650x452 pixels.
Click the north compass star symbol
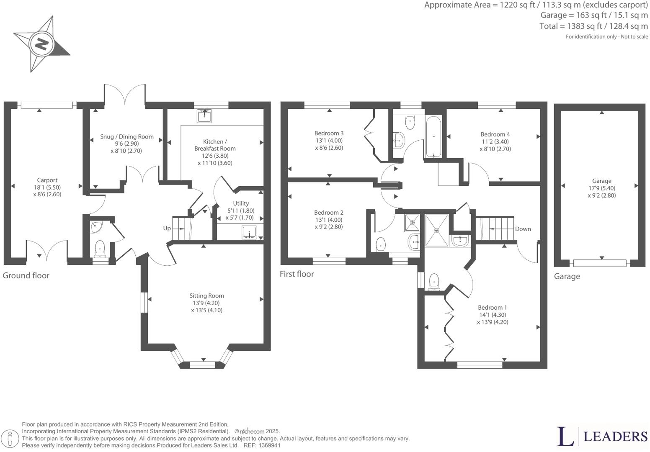[41, 44]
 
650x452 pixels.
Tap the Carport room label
[47, 180]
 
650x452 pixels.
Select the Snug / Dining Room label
[126, 136]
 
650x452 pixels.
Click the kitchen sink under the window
[204, 116]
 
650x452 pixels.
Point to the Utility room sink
[249, 232]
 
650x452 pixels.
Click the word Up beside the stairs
[167, 228]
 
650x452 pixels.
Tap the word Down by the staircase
[523, 229]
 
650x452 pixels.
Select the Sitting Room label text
[206, 296]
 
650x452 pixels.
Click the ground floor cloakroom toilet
[100, 248]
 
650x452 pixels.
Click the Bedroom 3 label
[329, 133]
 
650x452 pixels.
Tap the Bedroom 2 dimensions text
[329, 223]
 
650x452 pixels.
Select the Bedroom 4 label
[495, 134]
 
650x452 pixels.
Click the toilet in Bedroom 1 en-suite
[434, 281]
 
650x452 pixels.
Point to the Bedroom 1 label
[493, 307]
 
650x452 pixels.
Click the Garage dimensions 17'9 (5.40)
[601, 188]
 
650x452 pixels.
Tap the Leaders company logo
[602, 437]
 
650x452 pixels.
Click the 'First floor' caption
[297, 274]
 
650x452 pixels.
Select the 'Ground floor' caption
[26, 275]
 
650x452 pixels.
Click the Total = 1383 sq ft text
[593, 26]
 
